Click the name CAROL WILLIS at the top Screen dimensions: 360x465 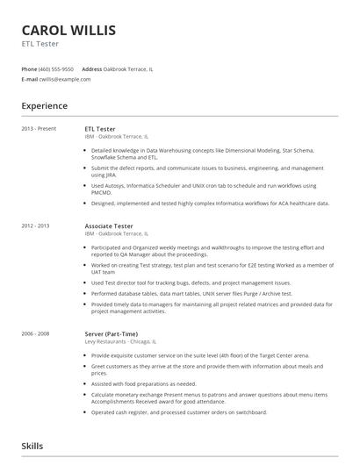click(68, 31)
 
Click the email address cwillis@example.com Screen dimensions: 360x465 click(64, 79)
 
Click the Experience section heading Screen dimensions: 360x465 click(45, 106)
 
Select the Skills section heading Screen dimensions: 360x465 click(32, 447)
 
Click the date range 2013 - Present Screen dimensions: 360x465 click(39, 129)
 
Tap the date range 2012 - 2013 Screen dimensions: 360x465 click(36, 226)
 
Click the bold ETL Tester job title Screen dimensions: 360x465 click(100, 129)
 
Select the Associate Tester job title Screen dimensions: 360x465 click(109, 226)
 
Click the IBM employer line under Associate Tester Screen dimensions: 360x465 click(117, 234)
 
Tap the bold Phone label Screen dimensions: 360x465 click(30, 68)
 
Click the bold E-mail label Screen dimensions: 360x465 click(30, 79)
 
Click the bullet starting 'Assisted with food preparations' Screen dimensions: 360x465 click(144, 383)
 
